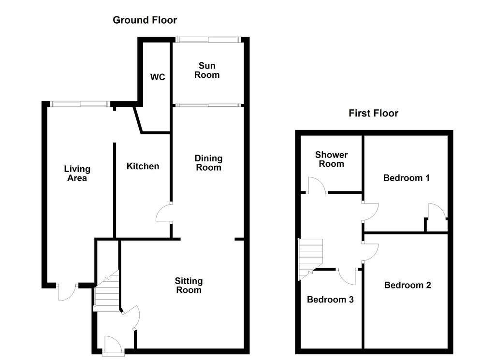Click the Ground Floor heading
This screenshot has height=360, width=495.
(145, 20)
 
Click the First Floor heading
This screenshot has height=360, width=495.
(374, 113)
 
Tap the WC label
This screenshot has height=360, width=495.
(158, 77)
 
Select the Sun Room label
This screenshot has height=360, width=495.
(207, 71)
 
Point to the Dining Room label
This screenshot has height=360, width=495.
(208, 163)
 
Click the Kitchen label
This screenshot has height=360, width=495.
(143, 166)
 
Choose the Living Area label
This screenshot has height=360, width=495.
(77, 173)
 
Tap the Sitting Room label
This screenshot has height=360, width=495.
(189, 286)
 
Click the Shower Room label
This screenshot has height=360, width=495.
(331, 159)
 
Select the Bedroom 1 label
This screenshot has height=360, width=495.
(406, 178)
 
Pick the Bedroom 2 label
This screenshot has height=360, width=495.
(408, 285)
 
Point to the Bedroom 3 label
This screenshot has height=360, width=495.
(330, 300)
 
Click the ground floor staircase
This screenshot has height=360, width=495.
(107, 290)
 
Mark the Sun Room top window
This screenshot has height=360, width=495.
(208, 40)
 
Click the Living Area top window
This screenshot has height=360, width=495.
(80, 104)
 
